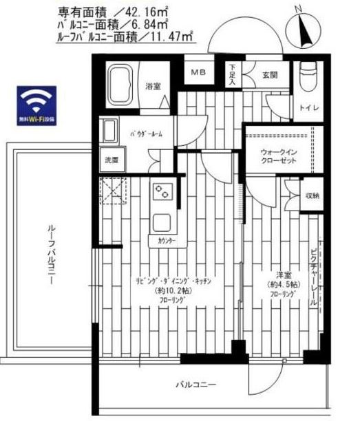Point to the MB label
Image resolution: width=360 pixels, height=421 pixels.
(x=198, y=71)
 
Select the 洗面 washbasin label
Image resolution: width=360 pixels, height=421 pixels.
(x=111, y=160)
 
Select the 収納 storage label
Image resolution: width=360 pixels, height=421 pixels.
(x=313, y=195)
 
